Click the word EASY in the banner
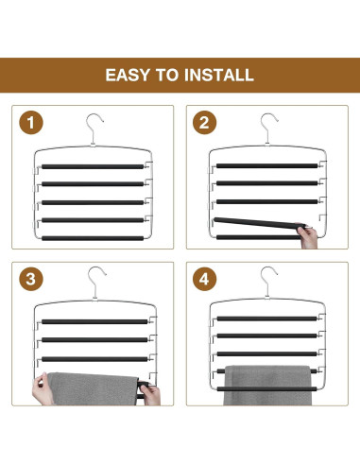pos(128,76)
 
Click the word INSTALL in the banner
pos(219,76)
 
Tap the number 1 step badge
pos(31,123)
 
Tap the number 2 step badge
pos(205,123)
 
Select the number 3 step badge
pos(31,279)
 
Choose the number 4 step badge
pos(205,279)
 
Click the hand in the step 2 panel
pos(307,237)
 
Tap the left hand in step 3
pos(42,389)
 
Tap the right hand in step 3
pos(151,394)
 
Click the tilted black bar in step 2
pos(259,223)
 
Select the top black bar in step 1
pos(93,166)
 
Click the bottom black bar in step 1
pos(93,238)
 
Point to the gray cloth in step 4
pos(267,385)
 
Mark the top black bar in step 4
pos(267,319)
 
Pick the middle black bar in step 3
pos(94,340)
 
